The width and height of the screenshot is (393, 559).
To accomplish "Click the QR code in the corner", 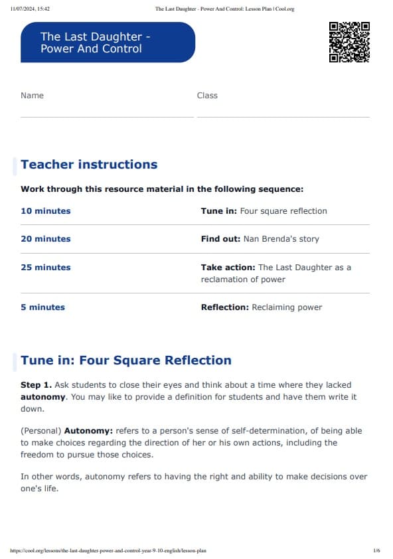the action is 349,42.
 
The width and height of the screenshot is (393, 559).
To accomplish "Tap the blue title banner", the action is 108,42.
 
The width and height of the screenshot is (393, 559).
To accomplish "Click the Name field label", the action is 32,96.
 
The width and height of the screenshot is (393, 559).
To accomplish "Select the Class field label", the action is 207,96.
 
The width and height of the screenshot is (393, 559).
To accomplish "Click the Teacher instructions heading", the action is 89,165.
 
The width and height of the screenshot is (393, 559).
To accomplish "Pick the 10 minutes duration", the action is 45,211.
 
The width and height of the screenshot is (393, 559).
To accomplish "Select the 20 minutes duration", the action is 45,239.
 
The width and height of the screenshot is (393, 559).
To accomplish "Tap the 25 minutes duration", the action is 45,268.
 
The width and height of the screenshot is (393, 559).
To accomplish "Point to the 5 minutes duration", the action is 42,307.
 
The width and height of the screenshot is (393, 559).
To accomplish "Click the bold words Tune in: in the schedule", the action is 218,211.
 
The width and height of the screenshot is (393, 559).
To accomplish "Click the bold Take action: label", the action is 228,268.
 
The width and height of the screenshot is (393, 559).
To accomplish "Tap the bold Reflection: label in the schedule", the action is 224,307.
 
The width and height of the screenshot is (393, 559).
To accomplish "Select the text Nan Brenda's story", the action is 281,239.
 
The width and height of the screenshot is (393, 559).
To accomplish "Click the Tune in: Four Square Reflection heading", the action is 126,360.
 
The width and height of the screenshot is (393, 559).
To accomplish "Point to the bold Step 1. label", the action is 36,385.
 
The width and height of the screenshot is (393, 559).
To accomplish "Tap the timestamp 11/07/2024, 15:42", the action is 31,9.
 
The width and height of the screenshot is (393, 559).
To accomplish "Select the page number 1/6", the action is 376,550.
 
